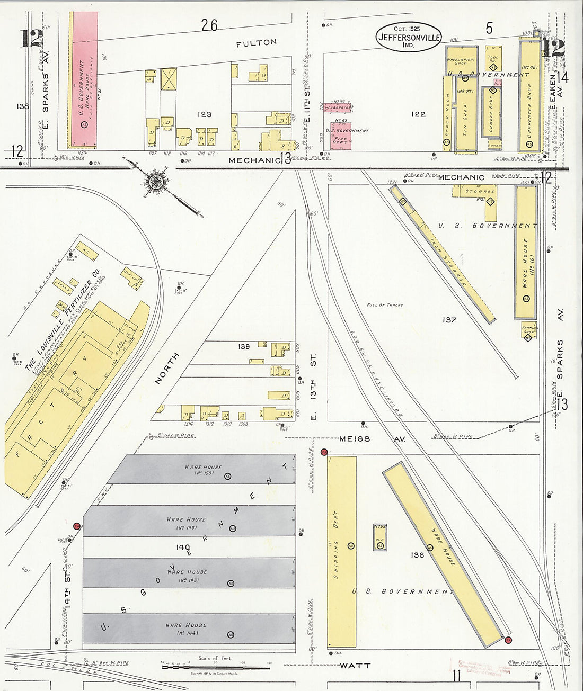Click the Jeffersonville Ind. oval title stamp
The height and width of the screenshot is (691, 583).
click(408, 37)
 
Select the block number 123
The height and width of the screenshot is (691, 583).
click(204, 114)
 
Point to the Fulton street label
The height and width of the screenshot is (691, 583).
click(257, 42)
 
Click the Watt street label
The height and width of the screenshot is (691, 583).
click(355, 665)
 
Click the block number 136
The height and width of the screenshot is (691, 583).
click(417, 555)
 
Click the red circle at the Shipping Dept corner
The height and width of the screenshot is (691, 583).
click(324, 452)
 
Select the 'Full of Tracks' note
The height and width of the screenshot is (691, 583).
click(384, 305)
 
